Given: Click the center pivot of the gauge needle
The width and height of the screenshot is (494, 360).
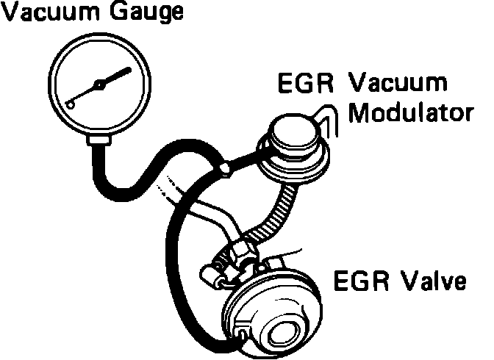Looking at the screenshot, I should pyautogui.click(x=101, y=85).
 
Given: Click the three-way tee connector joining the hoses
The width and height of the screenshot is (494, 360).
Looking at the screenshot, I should pyautogui.click(x=223, y=170).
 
